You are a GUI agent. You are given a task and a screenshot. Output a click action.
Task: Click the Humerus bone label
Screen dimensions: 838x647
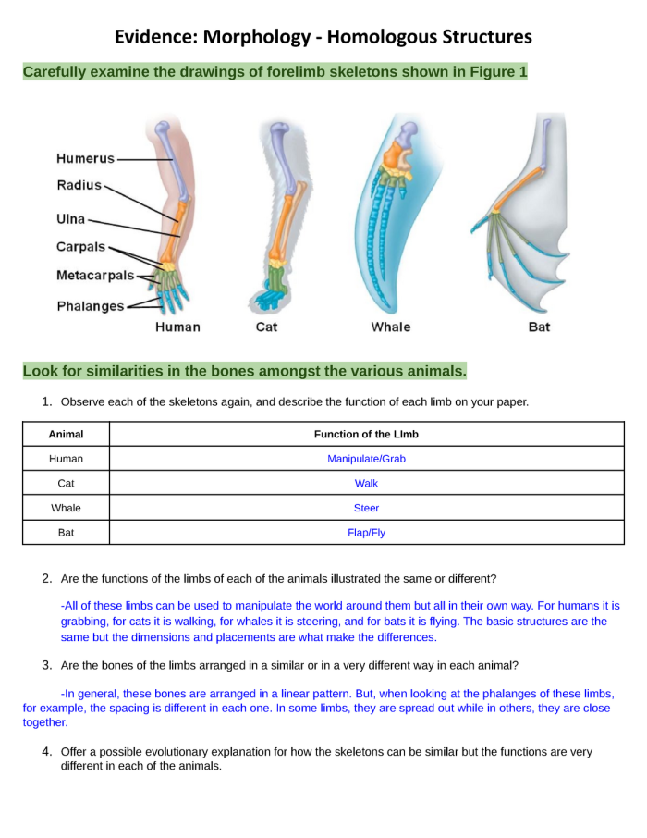pos(85,158)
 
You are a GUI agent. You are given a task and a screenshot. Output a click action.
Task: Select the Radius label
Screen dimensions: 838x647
pos(79,185)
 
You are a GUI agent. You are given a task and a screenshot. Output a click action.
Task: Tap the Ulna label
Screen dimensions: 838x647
pos(71,219)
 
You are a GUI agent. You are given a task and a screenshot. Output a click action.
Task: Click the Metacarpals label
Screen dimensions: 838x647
pos(95,276)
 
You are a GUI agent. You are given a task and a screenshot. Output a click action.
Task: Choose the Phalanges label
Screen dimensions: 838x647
pos(91,306)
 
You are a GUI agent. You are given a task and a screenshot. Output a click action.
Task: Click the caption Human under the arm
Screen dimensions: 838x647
pos(177,327)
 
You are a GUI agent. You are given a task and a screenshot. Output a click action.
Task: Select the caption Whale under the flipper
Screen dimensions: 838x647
pos(391,327)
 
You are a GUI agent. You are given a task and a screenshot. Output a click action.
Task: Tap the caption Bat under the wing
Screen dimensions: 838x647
pos(539,327)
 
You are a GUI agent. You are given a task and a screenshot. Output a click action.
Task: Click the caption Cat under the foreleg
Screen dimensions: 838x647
pos(266,327)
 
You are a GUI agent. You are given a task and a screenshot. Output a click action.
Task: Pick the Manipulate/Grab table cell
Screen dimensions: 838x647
pos(366,459)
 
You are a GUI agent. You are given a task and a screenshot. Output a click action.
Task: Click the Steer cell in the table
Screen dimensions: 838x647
pos(366,508)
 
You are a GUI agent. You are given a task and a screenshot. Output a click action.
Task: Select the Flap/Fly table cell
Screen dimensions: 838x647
pos(366,533)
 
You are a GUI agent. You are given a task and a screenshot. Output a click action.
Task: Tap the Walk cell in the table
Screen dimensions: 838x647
pos(366,483)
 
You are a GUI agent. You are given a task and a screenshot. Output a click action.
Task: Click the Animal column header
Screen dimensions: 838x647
pos(66,434)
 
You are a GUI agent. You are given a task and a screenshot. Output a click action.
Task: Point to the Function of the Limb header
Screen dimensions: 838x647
pos(366,434)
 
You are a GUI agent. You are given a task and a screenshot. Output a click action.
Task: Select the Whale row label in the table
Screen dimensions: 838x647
pos(66,508)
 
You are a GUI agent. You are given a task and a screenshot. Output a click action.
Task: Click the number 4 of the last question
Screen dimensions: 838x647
pos(45,752)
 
